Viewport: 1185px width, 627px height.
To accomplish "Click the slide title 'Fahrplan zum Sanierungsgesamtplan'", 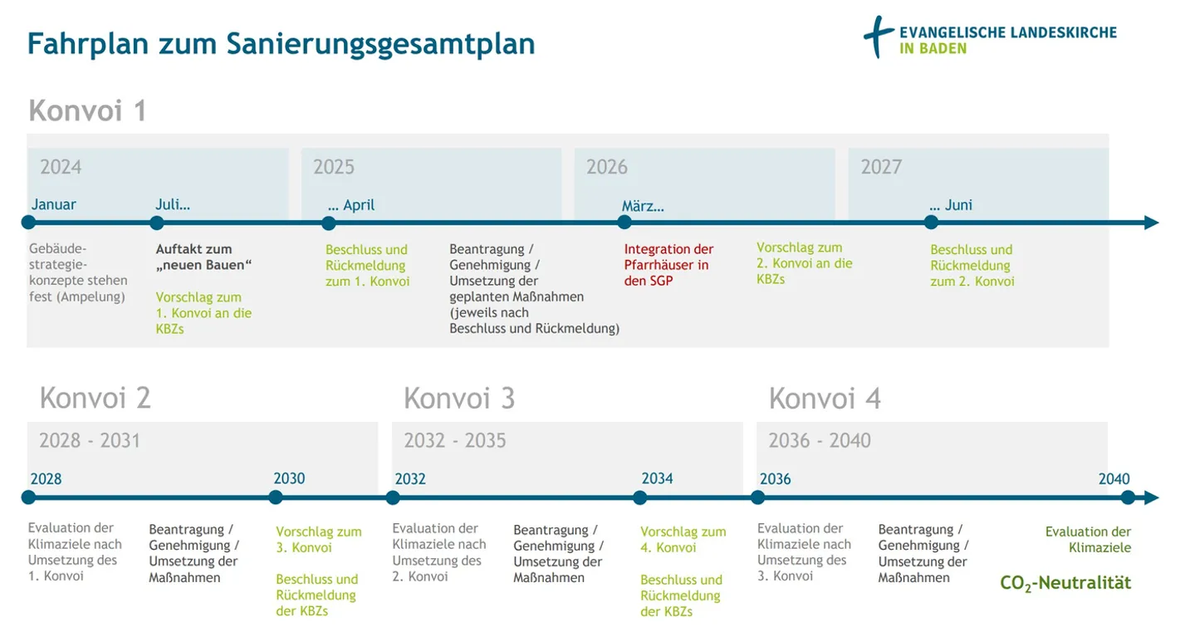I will point(281,43).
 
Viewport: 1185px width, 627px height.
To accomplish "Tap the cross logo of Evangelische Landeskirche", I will point(879,37).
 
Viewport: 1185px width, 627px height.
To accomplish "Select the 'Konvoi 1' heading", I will point(87,110).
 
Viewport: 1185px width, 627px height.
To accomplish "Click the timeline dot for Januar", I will point(28,223).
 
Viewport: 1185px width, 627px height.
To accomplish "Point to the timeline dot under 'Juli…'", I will point(157,223).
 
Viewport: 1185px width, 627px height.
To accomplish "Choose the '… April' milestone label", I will point(351,205).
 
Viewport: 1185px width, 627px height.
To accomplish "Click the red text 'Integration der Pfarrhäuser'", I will point(668,265).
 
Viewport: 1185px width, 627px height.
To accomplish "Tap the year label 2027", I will point(880,167).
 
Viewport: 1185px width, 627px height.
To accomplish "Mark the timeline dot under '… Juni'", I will point(931,223).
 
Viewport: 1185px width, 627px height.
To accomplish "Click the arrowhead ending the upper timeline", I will point(1151,223).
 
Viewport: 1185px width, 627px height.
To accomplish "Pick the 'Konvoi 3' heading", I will point(459,399).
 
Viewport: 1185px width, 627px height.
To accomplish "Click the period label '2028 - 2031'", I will point(90,440).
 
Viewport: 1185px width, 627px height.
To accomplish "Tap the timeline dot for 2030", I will point(276,497).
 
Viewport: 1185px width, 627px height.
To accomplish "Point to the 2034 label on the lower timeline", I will point(657,478).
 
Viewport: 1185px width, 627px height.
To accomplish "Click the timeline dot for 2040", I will point(1128,497).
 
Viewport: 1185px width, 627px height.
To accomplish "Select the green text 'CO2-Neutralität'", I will point(1065,583).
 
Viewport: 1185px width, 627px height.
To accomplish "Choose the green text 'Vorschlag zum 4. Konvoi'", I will point(683,540).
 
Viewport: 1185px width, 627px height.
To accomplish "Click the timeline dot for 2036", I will point(757,497).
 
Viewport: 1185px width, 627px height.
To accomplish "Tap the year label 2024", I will point(61,167).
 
